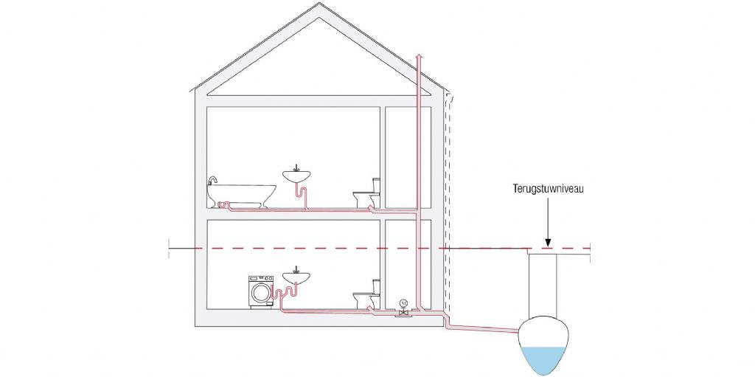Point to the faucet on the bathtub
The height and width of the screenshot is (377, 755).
pos(212,181)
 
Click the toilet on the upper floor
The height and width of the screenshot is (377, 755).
pos(366,196)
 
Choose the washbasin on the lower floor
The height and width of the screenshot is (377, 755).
pos(296,277)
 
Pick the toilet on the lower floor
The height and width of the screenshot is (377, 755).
pos(366,297)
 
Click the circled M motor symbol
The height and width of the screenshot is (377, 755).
pos(403,302)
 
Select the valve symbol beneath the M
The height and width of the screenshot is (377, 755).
pos(403,314)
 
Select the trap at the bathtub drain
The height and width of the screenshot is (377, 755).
pos(226,205)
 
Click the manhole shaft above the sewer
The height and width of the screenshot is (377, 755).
pos(544,284)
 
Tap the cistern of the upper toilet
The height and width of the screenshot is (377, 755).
pos(375,184)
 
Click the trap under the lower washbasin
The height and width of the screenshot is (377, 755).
pos(287,294)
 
